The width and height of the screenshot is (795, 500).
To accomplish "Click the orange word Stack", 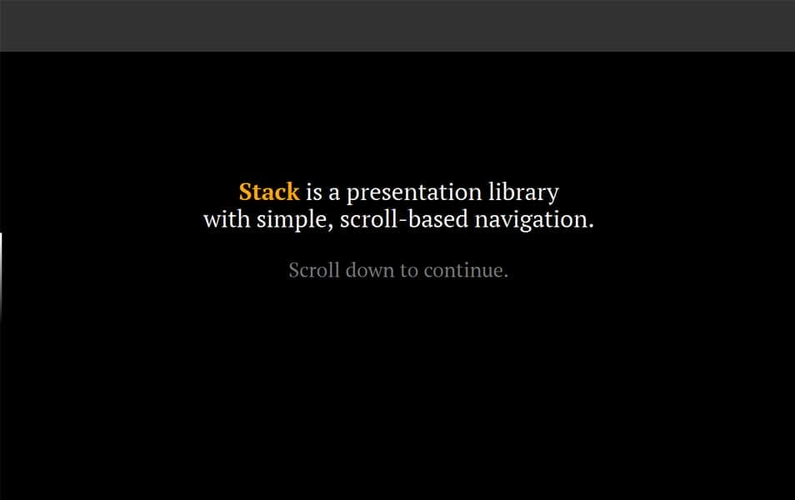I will pos(268,192).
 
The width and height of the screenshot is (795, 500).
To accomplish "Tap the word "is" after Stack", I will pos(313,192).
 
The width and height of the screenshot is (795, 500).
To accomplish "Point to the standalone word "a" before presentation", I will pos(333,193).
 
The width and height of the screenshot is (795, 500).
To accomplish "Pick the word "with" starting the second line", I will pos(226,221).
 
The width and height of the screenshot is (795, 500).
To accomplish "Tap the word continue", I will pos(462,271).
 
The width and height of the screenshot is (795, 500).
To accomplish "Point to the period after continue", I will pos(505,276).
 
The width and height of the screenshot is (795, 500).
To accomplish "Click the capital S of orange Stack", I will pos(245,192).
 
